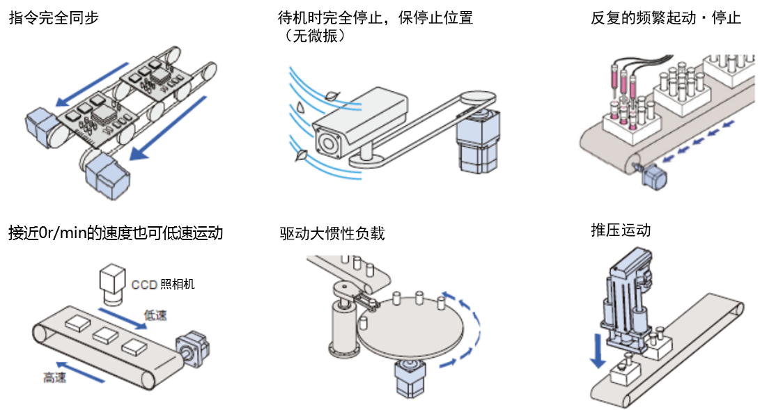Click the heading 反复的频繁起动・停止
pos(665,18)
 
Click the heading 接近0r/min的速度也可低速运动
pos(116,232)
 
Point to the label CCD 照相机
pos(163,284)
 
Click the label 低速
pos(155,315)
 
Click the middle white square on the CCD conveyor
pos(105,335)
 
